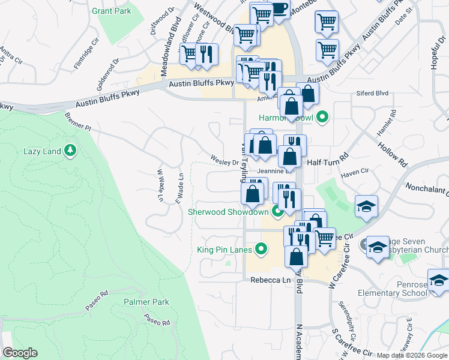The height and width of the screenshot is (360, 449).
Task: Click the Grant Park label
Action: [111, 11]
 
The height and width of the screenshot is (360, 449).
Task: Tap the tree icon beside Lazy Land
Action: [71, 150]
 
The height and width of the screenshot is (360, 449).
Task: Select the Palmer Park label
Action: [146, 302]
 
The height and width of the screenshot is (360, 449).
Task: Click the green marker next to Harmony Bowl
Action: [322, 117]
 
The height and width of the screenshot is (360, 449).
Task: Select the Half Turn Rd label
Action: [327, 161]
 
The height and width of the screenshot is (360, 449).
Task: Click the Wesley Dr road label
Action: [224, 160]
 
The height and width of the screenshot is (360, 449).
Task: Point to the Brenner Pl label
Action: [77, 122]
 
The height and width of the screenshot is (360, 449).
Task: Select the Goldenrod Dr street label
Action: [107, 70]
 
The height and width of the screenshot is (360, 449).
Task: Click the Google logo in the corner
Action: [20, 353]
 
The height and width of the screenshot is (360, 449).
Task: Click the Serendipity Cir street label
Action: [345, 317]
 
